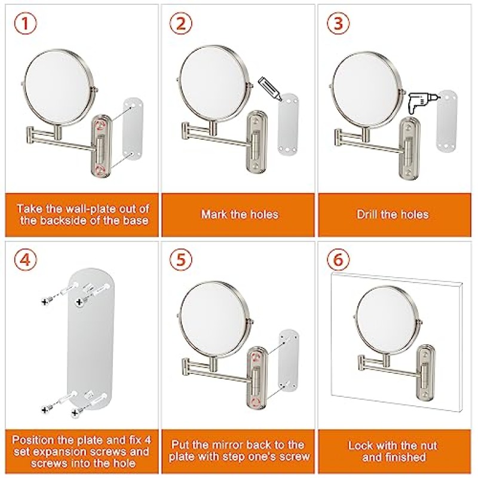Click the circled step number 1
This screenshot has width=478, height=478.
click(25, 23)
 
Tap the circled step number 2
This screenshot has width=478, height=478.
click(181, 23)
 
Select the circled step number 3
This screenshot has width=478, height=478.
click(338, 23)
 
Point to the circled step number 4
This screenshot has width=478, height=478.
click(25, 259)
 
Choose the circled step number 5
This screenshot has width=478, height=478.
click(181, 259)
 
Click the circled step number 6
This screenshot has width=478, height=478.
click(338, 259)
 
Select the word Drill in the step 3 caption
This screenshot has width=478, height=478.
click(367, 215)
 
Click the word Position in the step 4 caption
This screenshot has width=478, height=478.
click(33, 440)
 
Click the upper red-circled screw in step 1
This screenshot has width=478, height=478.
click(100, 125)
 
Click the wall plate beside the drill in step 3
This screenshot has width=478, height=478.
click(446, 121)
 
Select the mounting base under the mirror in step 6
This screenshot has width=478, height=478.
click(426, 372)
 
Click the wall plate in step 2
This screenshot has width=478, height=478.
click(288, 125)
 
